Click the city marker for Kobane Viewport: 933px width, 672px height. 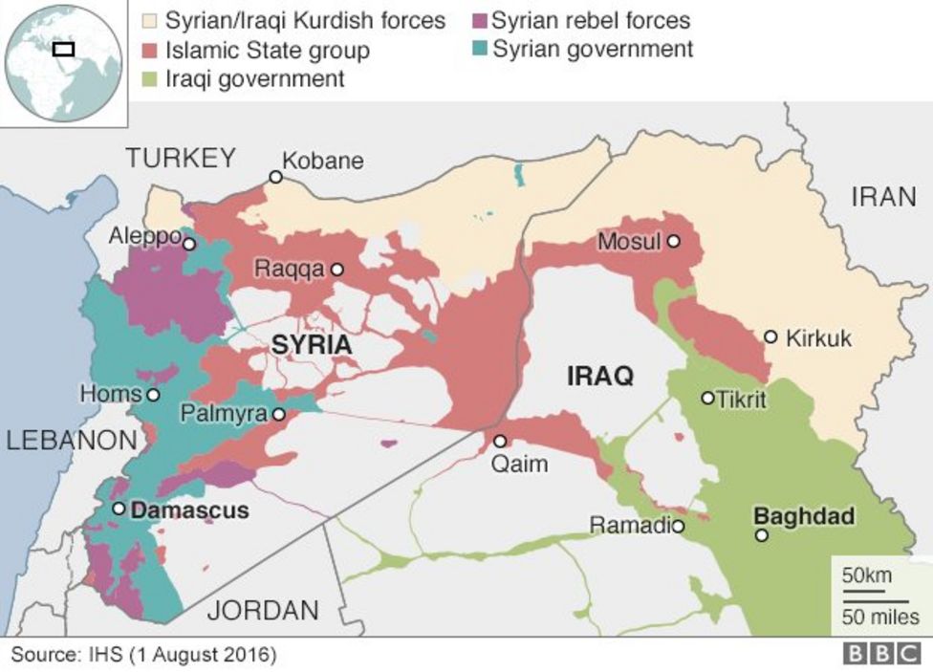[x=275, y=177]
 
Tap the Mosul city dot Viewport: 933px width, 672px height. [x=674, y=242]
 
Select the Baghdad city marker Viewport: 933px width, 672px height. [x=761, y=535]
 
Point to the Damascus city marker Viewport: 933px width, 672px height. [x=119, y=509]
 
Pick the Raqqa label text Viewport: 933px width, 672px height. [x=289, y=270]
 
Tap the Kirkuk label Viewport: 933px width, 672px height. [x=817, y=337]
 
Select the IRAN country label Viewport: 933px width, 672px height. [x=883, y=198]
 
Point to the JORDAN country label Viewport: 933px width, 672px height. [x=264, y=610]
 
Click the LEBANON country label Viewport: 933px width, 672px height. [x=71, y=441]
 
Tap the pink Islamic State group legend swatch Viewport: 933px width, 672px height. [x=149, y=49]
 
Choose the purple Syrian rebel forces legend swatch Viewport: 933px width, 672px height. [x=478, y=20]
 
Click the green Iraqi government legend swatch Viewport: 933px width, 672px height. [x=149, y=78]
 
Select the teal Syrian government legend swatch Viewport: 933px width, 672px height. [x=478, y=49]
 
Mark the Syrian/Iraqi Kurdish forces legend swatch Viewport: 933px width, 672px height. [x=149, y=20]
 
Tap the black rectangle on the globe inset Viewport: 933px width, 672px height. [x=63, y=48]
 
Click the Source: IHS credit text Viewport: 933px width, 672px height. [x=143, y=655]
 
